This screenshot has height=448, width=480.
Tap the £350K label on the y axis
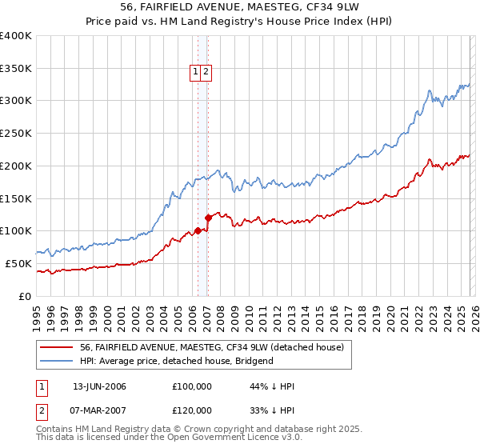[x=16, y=69]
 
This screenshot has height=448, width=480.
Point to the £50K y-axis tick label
[x=18, y=263]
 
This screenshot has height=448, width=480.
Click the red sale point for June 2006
[x=198, y=231]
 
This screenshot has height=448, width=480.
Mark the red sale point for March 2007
[x=208, y=218]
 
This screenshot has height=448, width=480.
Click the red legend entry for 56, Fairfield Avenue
[x=211, y=347]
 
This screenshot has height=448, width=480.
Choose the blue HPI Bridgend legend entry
[x=176, y=361]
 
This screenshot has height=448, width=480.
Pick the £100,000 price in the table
[x=191, y=386]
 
